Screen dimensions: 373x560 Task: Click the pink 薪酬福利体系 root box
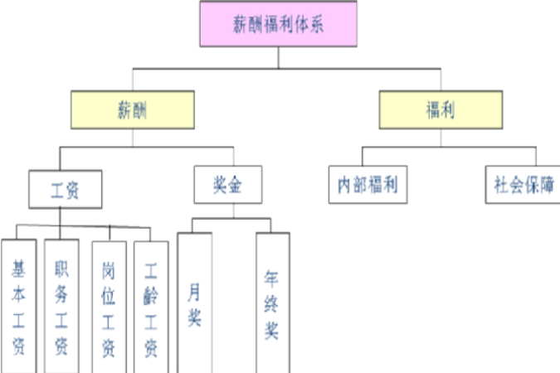click(x=279, y=24)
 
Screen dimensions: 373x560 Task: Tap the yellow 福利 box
click(x=441, y=109)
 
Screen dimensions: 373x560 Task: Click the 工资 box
click(x=65, y=190)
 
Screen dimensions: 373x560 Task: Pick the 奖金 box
click(x=228, y=185)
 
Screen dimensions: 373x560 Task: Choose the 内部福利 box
click(x=363, y=185)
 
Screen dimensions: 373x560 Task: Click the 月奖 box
click(x=195, y=303)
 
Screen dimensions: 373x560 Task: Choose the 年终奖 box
click(x=272, y=303)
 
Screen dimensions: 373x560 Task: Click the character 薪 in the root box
click(x=240, y=24)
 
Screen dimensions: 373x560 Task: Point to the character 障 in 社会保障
click(x=547, y=185)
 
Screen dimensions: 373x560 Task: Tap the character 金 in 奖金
click(x=237, y=185)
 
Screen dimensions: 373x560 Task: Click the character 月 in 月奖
click(x=195, y=292)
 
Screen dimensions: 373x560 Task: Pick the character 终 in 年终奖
click(x=272, y=303)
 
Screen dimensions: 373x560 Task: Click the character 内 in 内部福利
click(x=338, y=185)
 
